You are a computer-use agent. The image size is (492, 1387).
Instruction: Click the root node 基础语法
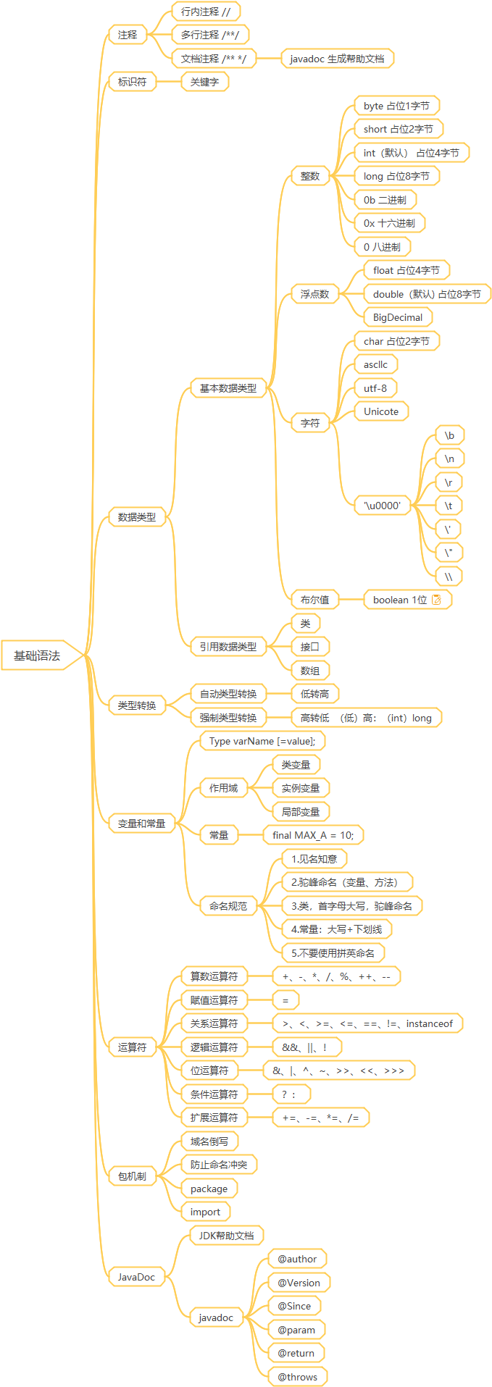[x=38, y=655]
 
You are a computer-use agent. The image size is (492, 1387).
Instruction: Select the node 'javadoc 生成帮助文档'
[x=337, y=59]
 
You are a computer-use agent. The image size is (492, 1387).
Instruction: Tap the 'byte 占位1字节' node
[x=396, y=106]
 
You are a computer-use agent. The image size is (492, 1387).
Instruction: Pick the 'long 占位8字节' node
[x=396, y=176]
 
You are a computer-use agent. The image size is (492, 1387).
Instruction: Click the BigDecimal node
[x=398, y=317]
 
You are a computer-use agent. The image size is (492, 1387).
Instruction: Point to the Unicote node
[x=381, y=411]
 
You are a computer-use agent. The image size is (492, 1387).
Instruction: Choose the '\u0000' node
[x=383, y=506]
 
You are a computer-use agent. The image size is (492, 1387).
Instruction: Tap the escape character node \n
[x=449, y=458]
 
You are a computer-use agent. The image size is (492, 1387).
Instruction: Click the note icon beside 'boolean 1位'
[x=436, y=600]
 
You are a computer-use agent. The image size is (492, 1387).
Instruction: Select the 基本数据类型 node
[x=228, y=388]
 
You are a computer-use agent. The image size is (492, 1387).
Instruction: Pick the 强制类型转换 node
[x=228, y=718]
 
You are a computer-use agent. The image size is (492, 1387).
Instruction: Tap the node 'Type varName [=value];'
[x=262, y=741]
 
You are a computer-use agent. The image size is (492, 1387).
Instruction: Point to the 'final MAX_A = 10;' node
[x=313, y=835]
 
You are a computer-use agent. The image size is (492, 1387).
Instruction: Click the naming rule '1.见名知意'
[x=314, y=859]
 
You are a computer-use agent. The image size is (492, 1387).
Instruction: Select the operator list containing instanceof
[x=367, y=1023]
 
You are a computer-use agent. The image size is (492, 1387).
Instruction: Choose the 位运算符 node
[x=209, y=1070]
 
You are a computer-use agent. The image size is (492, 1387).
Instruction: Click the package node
[x=209, y=1189]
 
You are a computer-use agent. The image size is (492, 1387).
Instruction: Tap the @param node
[x=296, y=1330]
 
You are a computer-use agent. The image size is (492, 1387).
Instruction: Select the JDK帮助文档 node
[x=226, y=1236]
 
